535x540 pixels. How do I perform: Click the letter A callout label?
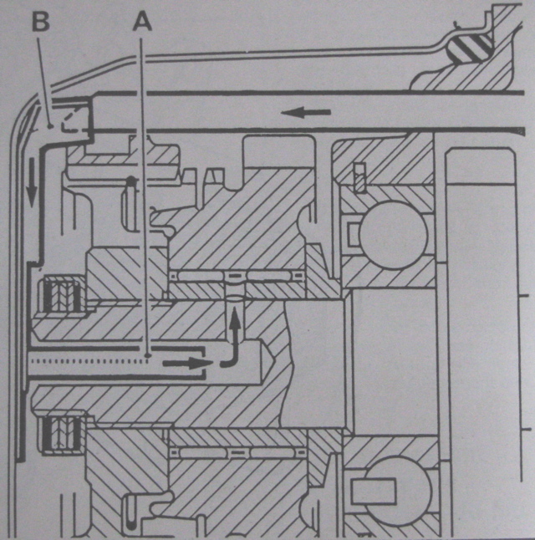[142, 23]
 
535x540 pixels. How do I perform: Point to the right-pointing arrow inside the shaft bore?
[186, 363]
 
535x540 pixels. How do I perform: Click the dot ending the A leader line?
[147, 354]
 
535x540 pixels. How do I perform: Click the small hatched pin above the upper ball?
[360, 178]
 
